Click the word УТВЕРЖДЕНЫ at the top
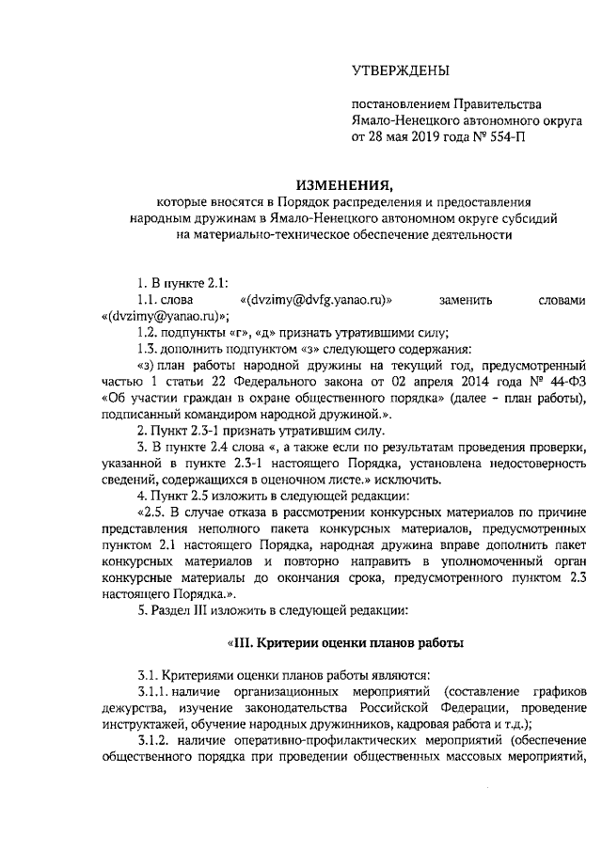pyautogui.click(x=400, y=70)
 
